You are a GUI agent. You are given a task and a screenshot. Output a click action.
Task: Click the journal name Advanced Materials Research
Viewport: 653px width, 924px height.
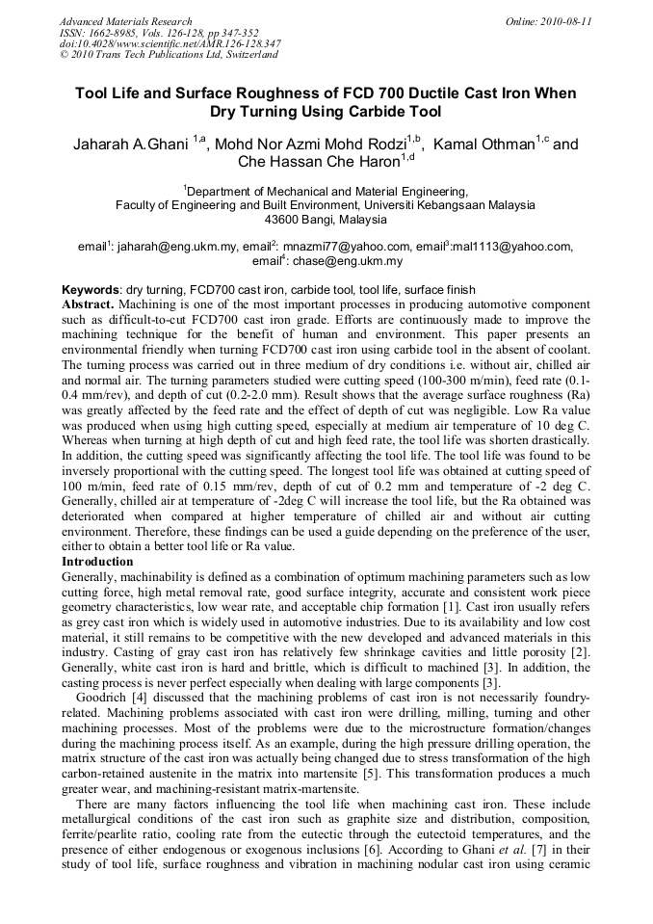point(125,21)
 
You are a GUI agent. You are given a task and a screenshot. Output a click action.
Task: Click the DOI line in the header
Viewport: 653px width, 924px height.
point(170,44)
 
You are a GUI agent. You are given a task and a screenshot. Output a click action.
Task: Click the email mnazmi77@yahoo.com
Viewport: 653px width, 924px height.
point(347,247)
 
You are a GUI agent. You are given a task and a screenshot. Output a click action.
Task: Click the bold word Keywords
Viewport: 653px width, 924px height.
point(91,290)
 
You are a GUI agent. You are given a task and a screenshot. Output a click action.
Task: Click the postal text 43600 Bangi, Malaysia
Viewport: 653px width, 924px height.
point(326,220)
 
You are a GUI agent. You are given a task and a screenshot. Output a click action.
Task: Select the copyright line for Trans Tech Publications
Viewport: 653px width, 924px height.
point(170,55)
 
